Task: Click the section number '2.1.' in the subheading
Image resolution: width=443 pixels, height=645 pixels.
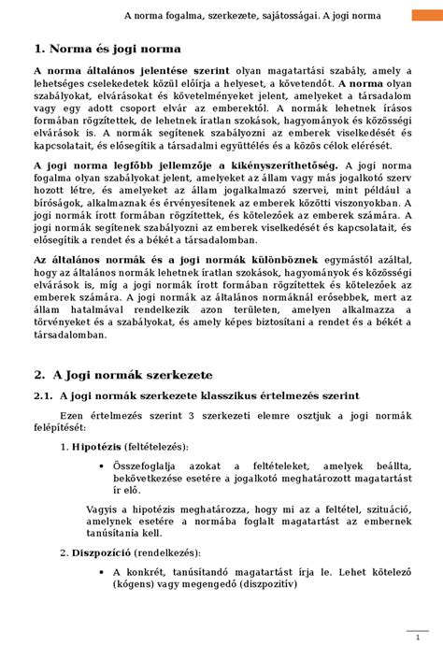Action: pos(46,396)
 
